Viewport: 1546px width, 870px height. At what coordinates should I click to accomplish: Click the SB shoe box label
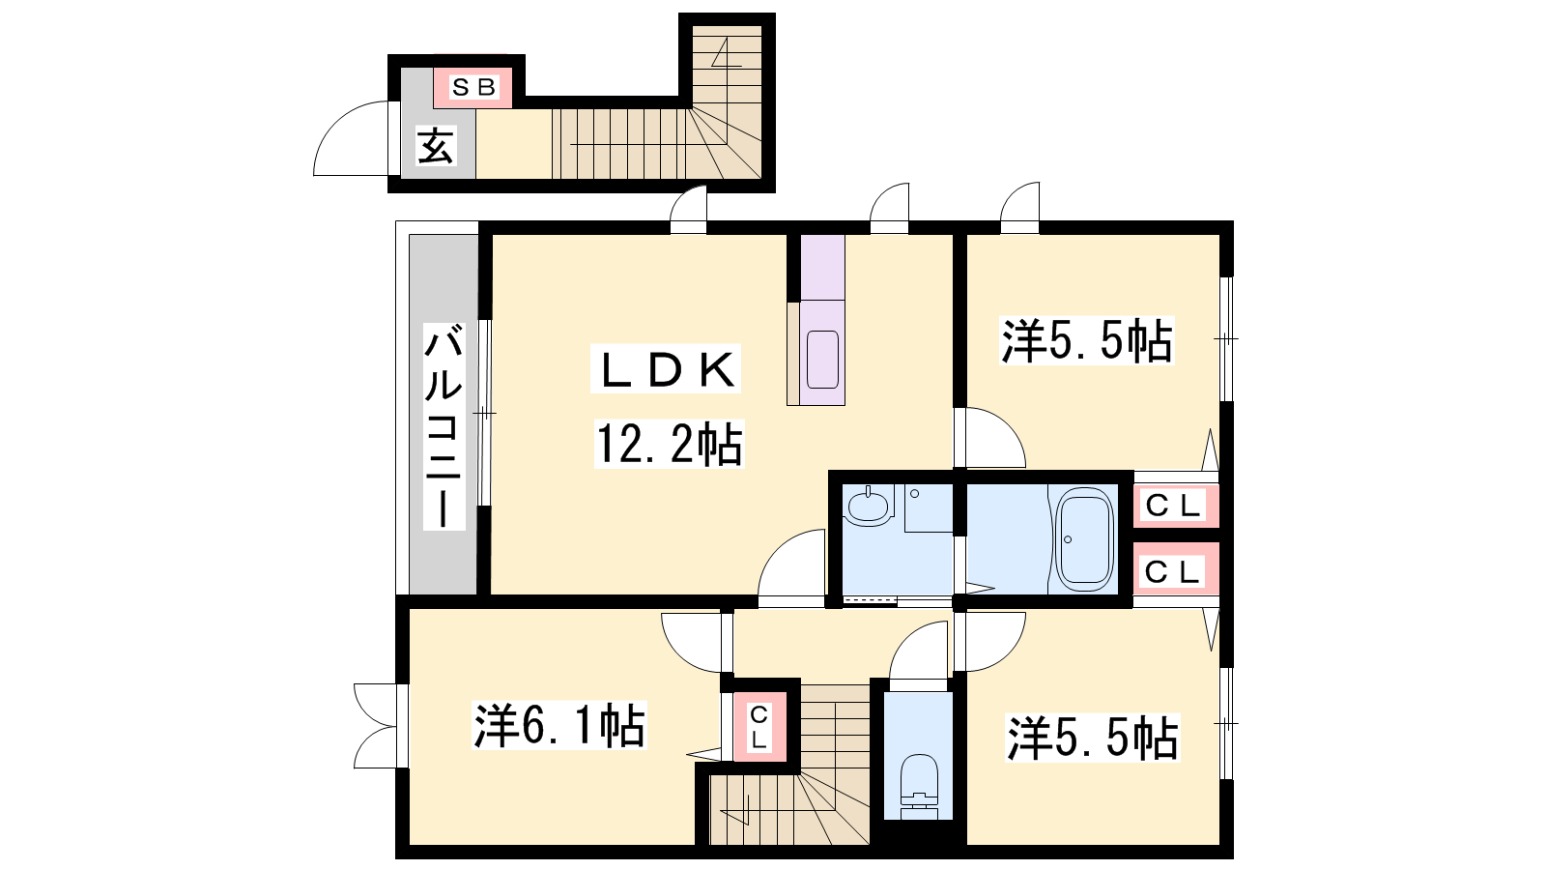click(x=473, y=88)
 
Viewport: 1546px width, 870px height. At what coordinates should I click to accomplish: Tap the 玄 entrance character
click(x=437, y=146)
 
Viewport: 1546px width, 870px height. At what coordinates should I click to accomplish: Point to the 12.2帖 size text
click(x=669, y=444)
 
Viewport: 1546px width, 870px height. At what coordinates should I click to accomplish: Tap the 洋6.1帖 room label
click(x=559, y=725)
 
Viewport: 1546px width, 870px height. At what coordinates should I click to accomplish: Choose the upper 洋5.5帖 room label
click(x=1086, y=340)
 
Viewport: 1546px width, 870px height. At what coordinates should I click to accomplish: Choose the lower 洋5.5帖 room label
click(x=1093, y=739)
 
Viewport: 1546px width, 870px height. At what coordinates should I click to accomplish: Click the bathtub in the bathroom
click(x=1085, y=538)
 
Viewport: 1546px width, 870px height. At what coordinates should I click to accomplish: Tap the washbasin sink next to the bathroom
click(x=868, y=507)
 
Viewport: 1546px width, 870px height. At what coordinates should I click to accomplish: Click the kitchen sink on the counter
click(x=822, y=359)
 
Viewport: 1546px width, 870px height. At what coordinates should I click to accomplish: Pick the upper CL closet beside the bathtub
click(x=1173, y=507)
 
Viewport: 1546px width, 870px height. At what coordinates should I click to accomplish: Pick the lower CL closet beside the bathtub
click(x=1173, y=571)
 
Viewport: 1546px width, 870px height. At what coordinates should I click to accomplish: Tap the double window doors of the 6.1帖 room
click(x=377, y=725)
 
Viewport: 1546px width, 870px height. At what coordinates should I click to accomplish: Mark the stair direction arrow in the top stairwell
click(x=726, y=54)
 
